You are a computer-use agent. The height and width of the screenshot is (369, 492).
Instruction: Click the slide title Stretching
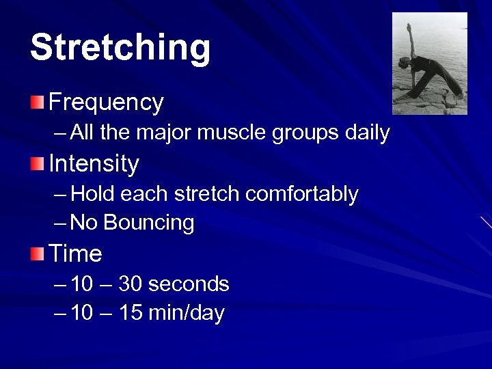pyautogui.click(x=120, y=48)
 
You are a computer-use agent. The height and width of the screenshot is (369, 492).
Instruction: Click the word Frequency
pyautogui.click(x=106, y=102)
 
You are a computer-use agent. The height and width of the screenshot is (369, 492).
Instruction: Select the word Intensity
pyautogui.click(x=94, y=164)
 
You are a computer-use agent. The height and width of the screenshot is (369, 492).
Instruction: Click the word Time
pyautogui.click(x=75, y=254)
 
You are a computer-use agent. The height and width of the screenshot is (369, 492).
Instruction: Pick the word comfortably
pyautogui.click(x=301, y=194)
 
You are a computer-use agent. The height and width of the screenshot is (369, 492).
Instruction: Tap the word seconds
pyautogui.click(x=188, y=284)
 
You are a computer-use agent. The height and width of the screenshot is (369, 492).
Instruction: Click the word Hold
pyautogui.click(x=93, y=194)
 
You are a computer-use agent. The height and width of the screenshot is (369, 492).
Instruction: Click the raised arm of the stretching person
pyautogui.click(x=410, y=41)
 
